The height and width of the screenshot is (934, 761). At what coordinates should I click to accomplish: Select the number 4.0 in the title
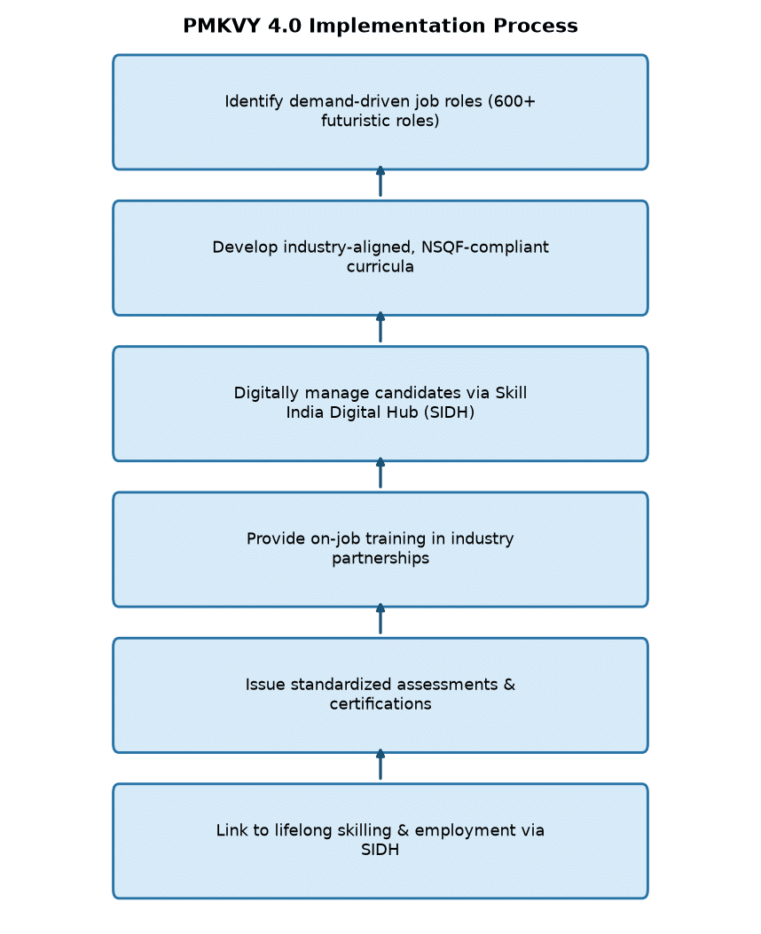tap(285, 26)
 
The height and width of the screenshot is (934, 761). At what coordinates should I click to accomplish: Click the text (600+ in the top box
tap(512, 101)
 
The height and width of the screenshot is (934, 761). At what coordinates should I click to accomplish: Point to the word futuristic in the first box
tap(354, 121)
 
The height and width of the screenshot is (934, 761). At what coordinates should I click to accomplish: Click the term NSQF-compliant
tap(484, 247)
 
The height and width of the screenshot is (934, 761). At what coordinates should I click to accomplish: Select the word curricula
tap(380, 266)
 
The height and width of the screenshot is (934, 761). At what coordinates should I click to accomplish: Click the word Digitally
tap(267, 393)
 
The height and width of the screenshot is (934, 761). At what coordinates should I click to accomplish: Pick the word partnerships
tap(380, 558)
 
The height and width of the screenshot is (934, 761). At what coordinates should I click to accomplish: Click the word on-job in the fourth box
tap(335, 539)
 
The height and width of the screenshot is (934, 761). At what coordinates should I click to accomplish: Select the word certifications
tap(380, 704)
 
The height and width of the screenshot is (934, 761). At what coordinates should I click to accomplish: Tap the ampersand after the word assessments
tap(509, 685)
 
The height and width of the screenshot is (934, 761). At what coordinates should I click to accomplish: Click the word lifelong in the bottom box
tap(303, 830)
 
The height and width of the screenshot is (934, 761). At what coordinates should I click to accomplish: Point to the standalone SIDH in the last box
tap(380, 850)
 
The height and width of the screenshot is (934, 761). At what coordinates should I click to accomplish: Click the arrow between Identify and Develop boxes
tap(380, 181)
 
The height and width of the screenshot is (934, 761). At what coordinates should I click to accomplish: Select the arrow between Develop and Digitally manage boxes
tap(380, 327)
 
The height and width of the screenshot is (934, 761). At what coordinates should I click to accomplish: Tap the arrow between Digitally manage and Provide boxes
tap(380, 473)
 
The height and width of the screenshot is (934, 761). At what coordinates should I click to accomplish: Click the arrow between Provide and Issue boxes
tap(380, 619)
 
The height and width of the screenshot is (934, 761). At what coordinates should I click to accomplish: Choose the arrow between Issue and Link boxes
tap(380, 765)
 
